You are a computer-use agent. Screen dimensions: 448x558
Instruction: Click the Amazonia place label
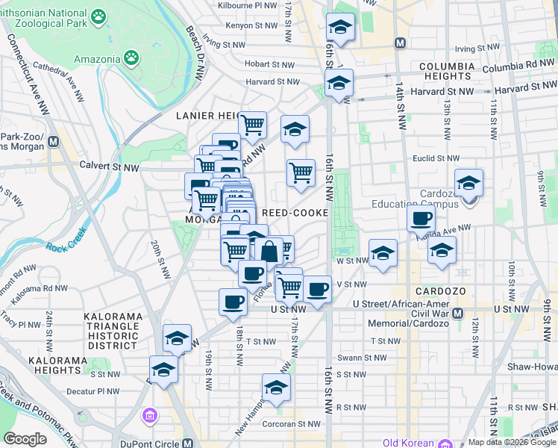click(x=98, y=59)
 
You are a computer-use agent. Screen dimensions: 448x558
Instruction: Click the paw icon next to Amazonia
click(x=131, y=57)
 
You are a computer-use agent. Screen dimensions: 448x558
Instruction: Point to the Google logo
click(x=25, y=439)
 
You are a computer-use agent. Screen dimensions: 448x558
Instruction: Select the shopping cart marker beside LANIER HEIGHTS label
click(x=253, y=124)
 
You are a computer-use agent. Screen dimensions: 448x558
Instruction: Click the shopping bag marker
click(x=269, y=250)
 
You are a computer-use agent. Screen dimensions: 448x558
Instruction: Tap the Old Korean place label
click(x=408, y=443)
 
